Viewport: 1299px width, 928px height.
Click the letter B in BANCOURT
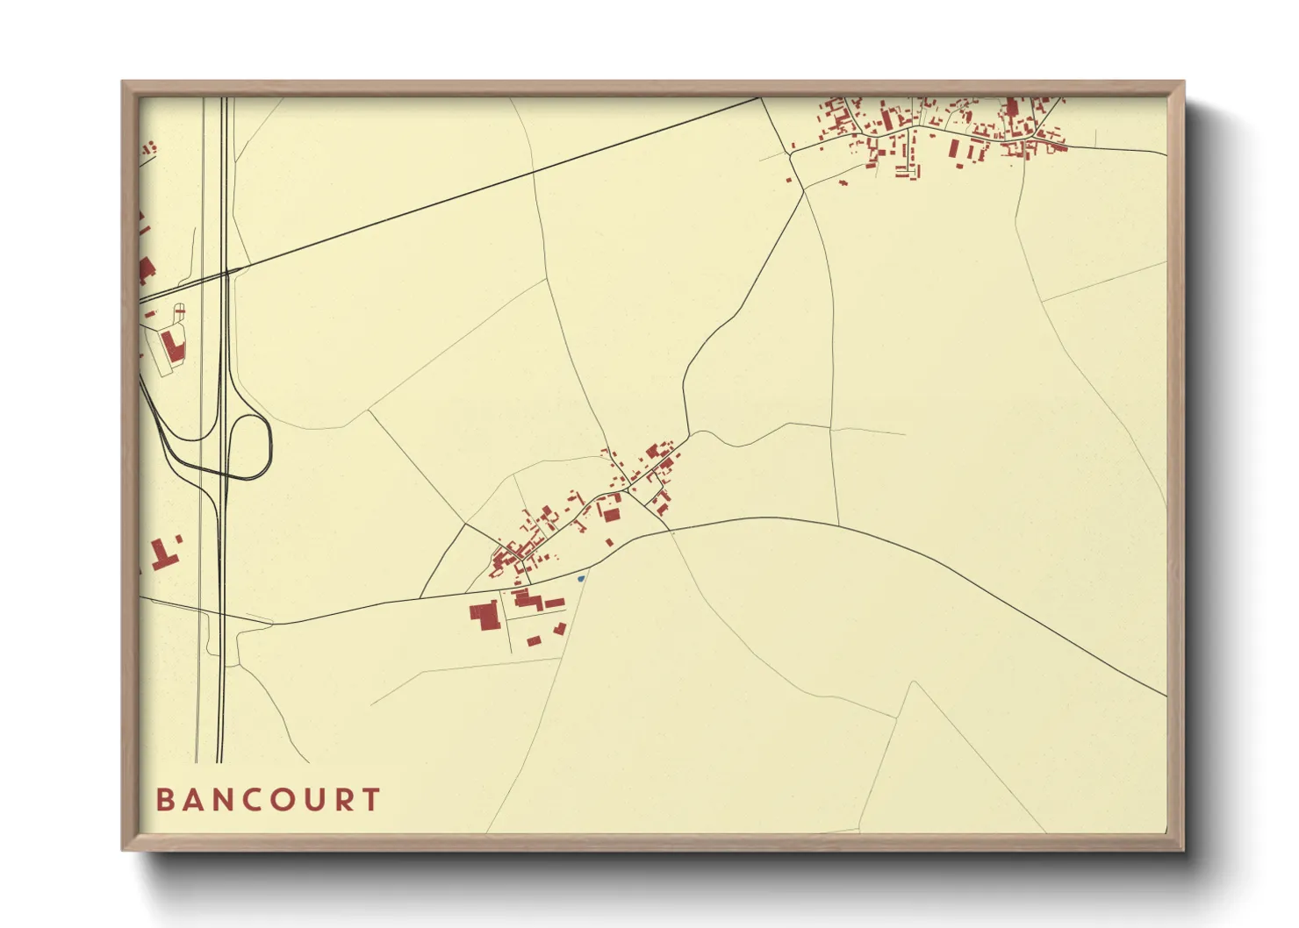pyautogui.click(x=164, y=800)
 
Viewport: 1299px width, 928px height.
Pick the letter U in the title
pyautogui.click(x=313, y=800)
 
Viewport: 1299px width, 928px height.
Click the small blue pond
pyautogui.click(x=581, y=578)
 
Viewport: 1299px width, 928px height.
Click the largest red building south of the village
pyautogui.click(x=484, y=615)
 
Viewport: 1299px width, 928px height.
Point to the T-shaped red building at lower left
pyautogui.click(x=162, y=554)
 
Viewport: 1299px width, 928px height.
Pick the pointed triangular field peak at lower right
pyautogui.click(x=914, y=682)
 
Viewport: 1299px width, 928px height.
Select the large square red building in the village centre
pyautogui.click(x=611, y=513)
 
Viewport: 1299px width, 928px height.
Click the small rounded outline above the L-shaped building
pyautogui.click(x=180, y=311)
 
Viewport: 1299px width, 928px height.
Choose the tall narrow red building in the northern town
pyautogui.click(x=1010, y=111)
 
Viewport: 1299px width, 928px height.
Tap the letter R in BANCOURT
pyautogui.click(x=344, y=800)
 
